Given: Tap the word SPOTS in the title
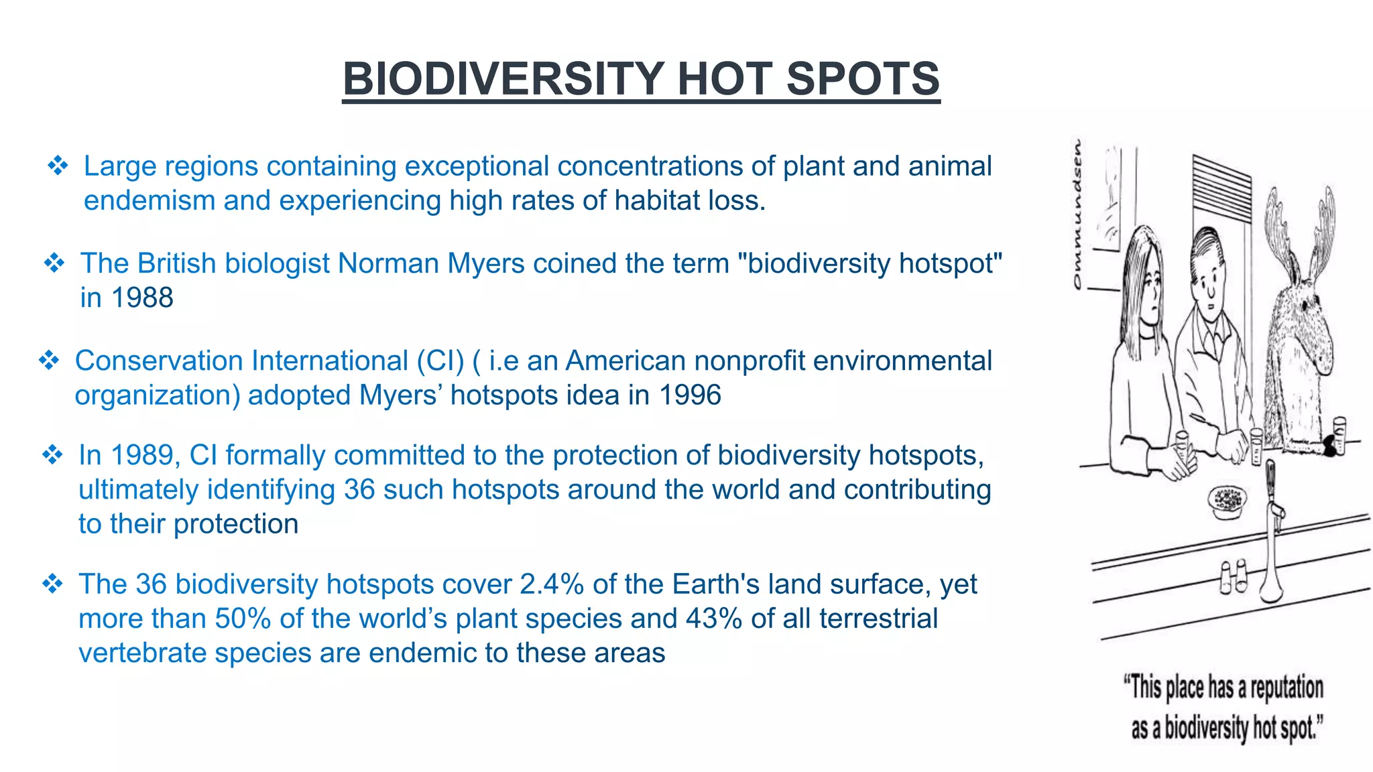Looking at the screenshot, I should (x=862, y=79).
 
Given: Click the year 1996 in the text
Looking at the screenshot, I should (x=690, y=395).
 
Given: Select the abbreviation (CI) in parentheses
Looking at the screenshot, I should (x=440, y=361).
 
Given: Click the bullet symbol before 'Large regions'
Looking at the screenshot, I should (x=58, y=166).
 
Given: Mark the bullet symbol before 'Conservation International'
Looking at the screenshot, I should (x=49, y=361).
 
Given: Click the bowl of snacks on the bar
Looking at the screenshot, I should (x=1228, y=499).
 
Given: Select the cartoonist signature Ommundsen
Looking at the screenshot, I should (x=1077, y=214).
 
